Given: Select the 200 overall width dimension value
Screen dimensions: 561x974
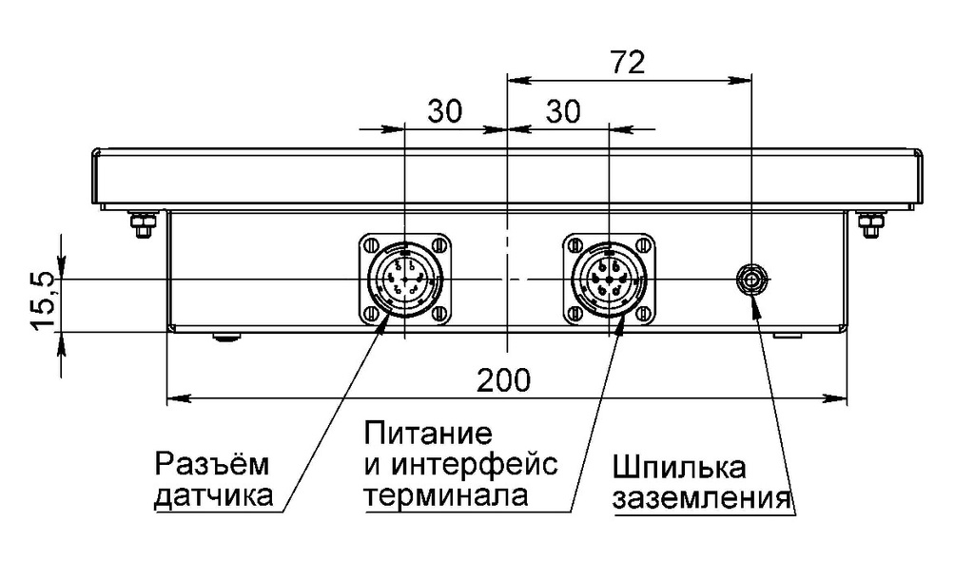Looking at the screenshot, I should pos(504,380).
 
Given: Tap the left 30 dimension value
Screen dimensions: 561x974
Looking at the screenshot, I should pos(444,112).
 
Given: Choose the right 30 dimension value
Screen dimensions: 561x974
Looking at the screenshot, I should pos(563,112).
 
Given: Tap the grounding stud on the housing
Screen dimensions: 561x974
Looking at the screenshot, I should pos(752,280).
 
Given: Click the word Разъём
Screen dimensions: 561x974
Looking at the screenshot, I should pos(211,465).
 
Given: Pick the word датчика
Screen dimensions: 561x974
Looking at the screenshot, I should pos(213,495).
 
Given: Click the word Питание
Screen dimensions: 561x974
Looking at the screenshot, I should pos(428,435).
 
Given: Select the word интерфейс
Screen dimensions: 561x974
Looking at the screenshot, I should pos(474,466).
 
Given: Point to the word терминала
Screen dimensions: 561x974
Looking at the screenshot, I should pos(446,495).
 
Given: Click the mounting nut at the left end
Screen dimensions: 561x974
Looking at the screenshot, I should pos(142,226).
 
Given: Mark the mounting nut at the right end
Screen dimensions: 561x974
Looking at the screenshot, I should pos(869,226).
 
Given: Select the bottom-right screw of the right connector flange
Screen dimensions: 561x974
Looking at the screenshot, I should pos(642,314).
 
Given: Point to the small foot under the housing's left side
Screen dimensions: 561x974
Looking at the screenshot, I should pos(226,336).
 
